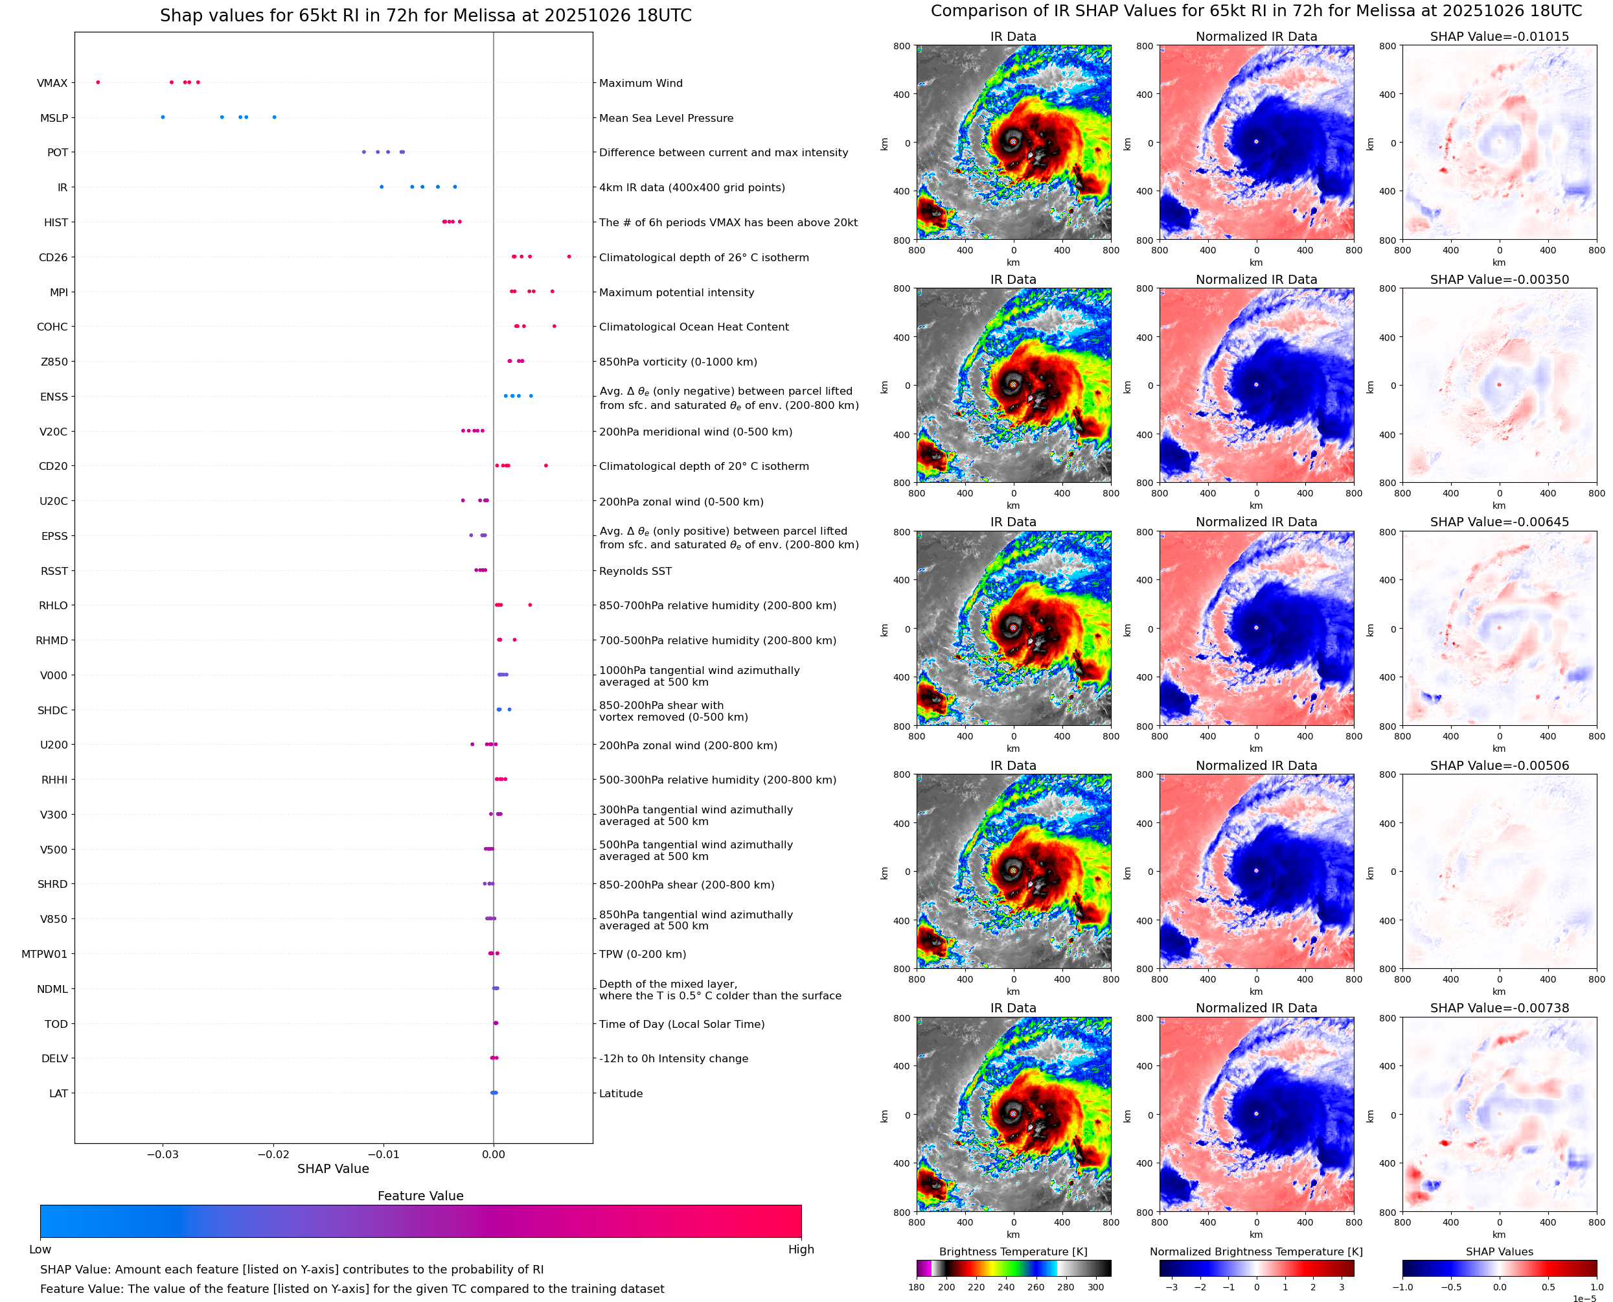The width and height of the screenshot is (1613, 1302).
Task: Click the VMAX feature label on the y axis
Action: tap(52, 83)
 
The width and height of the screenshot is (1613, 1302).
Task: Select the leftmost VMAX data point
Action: tap(98, 82)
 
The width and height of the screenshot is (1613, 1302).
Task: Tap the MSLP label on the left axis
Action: tap(54, 119)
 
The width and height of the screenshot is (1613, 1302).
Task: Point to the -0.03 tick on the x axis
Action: tap(162, 1154)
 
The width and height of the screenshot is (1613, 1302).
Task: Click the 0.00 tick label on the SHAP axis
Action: tap(493, 1154)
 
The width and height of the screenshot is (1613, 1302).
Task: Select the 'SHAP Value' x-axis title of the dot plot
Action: tap(333, 1169)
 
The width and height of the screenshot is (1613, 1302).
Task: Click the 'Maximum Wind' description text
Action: tap(641, 83)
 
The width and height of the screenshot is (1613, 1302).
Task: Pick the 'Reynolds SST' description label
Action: tap(635, 572)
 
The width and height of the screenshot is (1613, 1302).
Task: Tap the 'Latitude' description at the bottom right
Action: tap(621, 1093)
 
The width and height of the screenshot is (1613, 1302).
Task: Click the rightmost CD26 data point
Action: tap(569, 257)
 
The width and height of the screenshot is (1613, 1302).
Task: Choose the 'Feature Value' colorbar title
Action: tap(420, 1196)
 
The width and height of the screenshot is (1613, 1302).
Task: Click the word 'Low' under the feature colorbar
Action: tap(40, 1250)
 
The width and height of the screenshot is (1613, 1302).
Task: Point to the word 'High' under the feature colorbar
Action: tap(801, 1250)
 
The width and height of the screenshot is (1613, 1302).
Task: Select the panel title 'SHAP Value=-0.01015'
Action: tap(1499, 37)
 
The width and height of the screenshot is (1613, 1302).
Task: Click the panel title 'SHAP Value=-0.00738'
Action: tap(1499, 1008)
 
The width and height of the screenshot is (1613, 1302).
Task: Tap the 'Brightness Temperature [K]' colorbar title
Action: tap(1013, 1251)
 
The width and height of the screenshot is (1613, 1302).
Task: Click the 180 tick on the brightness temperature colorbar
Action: tap(917, 1287)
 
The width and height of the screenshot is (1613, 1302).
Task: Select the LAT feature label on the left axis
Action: tap(58, 1093)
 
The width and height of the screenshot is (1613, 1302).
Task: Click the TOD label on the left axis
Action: tap(56, 1025)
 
